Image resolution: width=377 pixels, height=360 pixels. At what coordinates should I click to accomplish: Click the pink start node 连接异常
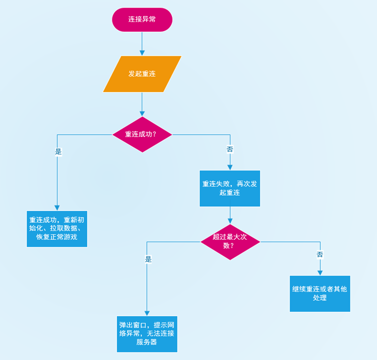click(x=142, y=20)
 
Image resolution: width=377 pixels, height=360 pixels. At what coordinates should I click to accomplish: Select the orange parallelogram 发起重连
click(x=142, y=74)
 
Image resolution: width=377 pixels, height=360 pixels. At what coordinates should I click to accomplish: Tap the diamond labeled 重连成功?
click(x=142, y=135)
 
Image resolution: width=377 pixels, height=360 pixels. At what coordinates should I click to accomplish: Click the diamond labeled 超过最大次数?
click(x=230, y=242)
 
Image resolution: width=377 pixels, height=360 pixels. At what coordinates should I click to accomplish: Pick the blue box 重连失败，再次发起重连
click(x=230, y=189)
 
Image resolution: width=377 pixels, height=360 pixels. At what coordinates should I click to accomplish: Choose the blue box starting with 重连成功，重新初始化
click(x=57, y=229)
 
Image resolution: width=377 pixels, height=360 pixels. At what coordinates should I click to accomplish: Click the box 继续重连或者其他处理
click(x=320, y=294)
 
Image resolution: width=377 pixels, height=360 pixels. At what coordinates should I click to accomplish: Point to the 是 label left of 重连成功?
click(x=58, y=151)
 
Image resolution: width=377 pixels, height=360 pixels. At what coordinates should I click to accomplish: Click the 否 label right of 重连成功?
click(x=230, y=149)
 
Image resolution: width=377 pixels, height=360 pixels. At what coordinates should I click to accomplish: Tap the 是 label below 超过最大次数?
click(x=148, y=259)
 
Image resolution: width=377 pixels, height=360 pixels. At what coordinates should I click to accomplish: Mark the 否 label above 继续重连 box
click(x=320, y=254)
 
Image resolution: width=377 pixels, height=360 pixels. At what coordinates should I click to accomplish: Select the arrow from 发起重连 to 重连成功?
click(x=142, y=104)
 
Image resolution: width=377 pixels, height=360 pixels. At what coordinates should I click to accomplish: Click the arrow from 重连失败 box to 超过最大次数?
click(x=230, y=215)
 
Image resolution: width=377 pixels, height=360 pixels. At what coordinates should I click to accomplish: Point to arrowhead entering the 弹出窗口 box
click(x=147, y=313)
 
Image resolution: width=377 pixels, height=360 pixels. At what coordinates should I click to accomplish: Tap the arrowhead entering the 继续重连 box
click(x=320, y=272)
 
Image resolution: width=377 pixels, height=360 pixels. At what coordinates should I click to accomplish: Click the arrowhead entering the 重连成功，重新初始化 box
click(x=57, y=207)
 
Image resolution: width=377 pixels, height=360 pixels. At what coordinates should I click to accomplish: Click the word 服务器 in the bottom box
click(x=147, y=342)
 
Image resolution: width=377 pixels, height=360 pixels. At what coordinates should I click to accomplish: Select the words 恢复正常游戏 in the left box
click(x=57, y=237)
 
